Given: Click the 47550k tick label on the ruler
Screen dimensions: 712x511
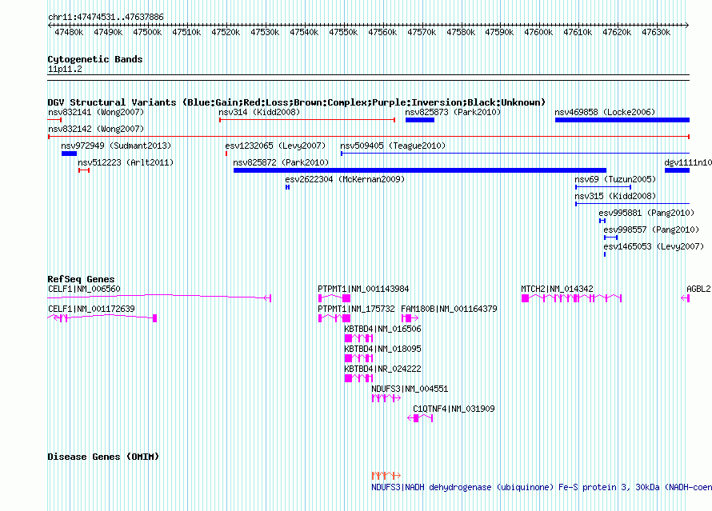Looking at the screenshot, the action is click(343, 32).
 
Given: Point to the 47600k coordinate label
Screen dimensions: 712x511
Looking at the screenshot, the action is click(538, 32).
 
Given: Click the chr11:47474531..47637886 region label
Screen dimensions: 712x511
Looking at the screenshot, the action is click(106, 18).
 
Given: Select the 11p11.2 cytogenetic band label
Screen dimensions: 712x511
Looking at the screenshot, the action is click(65, 69).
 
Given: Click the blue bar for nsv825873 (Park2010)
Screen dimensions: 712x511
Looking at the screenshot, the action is click(420, 120).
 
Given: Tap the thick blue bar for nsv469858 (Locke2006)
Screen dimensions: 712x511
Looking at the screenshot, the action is click(622, 120).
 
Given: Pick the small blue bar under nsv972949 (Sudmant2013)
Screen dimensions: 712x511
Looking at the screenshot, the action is click(69, 154).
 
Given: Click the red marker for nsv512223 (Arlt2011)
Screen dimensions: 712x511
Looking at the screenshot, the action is click(84, 170).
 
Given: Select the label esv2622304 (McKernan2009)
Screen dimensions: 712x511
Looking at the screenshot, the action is click(345, 179).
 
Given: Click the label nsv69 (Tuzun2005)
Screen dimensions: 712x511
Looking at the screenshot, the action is click(615, 179).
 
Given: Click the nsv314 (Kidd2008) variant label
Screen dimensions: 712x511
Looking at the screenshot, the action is click(259, 112).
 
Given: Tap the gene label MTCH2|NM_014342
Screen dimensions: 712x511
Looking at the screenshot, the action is click(557, 289).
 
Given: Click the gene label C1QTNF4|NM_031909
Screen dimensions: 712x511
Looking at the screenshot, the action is click(454, 409).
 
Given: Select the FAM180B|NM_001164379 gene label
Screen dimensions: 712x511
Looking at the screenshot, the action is click(449, 309).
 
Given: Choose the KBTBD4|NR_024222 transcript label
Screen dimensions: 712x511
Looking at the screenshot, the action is click(382, 369).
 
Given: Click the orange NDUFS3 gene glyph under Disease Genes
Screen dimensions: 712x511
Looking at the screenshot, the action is click(386, 476).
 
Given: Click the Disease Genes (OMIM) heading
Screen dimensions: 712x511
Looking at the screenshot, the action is click(103, 457).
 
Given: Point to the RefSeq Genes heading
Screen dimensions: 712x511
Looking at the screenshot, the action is click(82, 279).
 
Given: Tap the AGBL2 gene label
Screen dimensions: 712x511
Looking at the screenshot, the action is click(699, 289).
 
